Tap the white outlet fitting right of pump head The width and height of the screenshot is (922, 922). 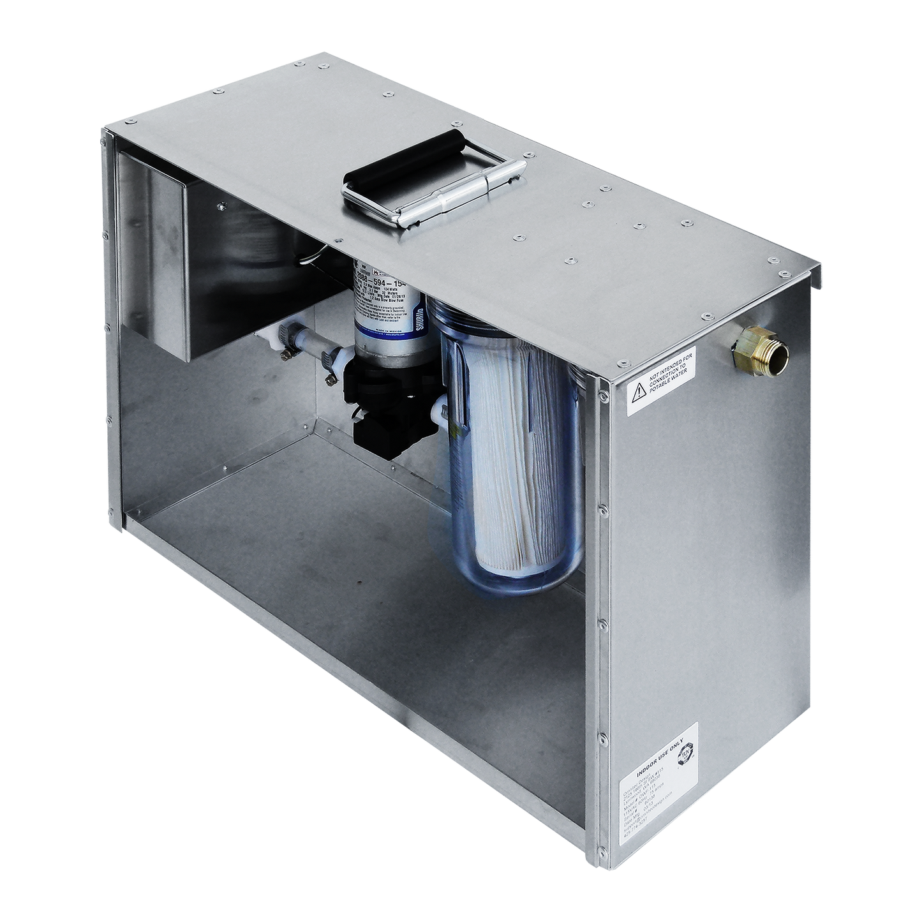coord(440,408)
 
